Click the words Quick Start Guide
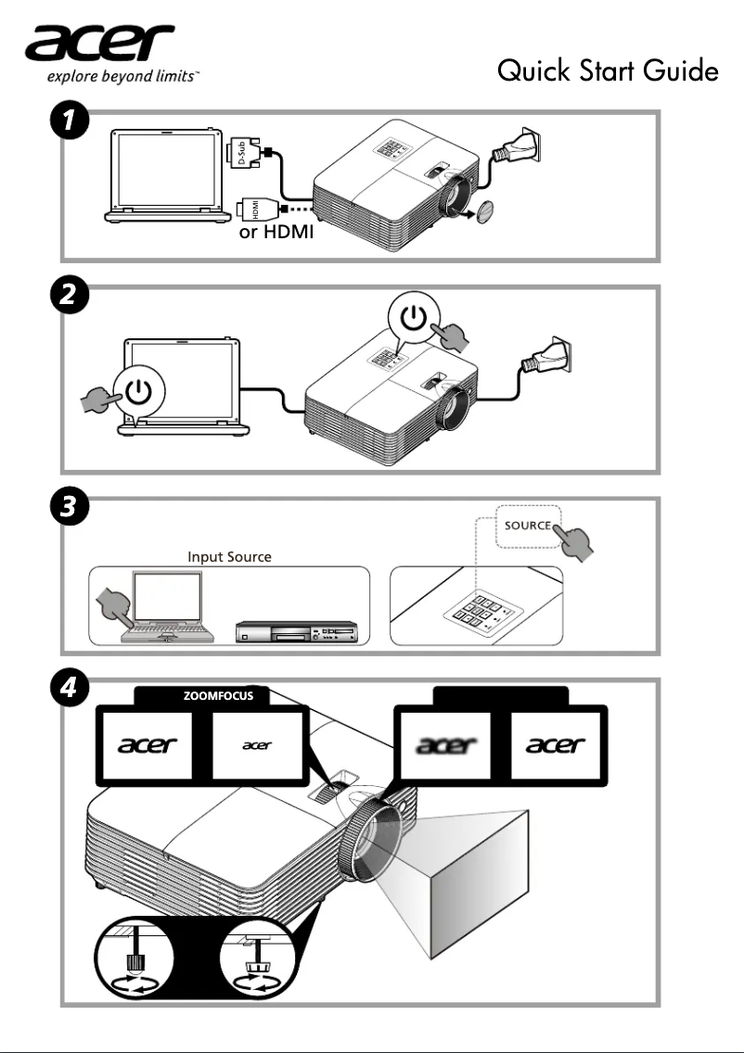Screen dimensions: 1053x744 608,70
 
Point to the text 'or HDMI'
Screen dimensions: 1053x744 276,232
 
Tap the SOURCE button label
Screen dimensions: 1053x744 527,526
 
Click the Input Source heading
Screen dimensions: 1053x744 229,557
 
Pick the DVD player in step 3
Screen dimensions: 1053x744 294,633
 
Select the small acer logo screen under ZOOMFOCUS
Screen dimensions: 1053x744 257,745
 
